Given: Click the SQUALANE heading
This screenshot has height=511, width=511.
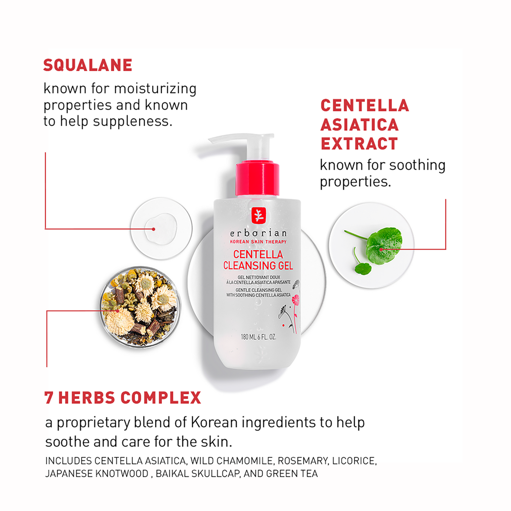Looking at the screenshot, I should (87, 65).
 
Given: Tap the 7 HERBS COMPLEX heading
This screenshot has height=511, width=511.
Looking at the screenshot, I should (122, 398).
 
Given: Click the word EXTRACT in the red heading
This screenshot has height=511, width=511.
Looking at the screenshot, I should (359, 143).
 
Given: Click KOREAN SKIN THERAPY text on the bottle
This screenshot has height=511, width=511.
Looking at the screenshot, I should (257, 242).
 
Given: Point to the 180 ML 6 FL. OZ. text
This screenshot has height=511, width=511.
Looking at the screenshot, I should (259, 337).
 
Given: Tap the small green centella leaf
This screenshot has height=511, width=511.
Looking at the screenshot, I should (363, 268).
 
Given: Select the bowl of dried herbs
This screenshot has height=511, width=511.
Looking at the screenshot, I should (140, 306).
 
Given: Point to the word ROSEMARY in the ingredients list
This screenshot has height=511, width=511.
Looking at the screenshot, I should (302, 461).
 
